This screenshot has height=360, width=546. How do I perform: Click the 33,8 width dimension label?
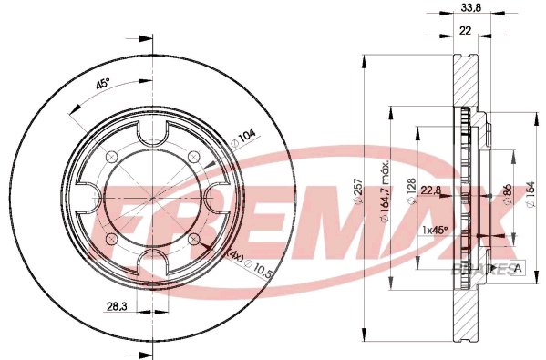pyautogui.click(x=470, y=7)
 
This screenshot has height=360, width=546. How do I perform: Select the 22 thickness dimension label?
pyautogui.click(x=465, y=31)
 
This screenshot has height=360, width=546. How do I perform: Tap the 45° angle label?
pyautogui.click(x=103, y=84)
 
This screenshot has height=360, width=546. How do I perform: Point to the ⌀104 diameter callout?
pyautogui.click(x=243, y=139)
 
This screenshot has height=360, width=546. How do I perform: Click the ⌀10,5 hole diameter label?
pyautogui.click(x=258, y=268)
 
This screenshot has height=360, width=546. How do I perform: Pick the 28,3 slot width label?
pyautogui.click(x=117, y=307)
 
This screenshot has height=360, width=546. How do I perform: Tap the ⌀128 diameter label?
pyautogui.click(x=411, y=191)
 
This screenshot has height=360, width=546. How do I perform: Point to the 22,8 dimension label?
pyautogui.click(x=431, y=190)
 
